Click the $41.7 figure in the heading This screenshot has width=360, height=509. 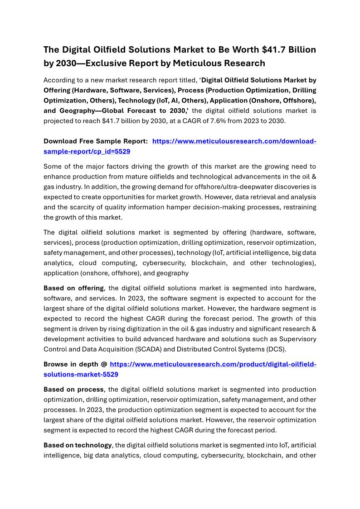point(275,49)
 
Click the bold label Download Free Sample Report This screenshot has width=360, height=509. point(95,141)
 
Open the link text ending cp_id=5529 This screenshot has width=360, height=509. point(87,151)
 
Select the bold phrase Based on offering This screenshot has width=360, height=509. point(74,288)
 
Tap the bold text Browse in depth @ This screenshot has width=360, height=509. point(75,364)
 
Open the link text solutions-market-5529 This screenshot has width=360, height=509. point(81,374)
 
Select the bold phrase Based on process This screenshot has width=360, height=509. point(74,390)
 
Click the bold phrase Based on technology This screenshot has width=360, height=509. point(78,446)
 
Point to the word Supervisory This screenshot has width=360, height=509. point(296,339)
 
